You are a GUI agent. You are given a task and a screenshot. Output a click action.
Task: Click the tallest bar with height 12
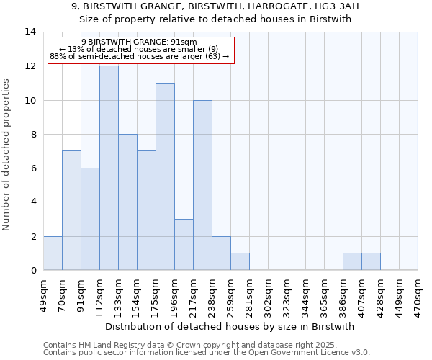(x=109, y=168)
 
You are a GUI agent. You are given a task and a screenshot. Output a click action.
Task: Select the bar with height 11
(x=165, y=176)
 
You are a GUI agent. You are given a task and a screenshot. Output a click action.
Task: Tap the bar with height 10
(x=202, y=185)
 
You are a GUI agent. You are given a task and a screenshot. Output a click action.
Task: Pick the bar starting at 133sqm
(x=127, y=202)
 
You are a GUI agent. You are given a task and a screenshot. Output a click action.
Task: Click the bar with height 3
(x=184, y=244)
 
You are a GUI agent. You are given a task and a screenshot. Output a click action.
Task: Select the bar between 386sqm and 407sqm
(x=352, y=261)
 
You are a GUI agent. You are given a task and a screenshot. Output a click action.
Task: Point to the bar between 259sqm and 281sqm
(x=240, y=261)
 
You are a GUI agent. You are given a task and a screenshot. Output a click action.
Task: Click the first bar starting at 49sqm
(x=53, y=253)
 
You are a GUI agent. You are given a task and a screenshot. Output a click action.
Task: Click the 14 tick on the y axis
(x=30, y=32)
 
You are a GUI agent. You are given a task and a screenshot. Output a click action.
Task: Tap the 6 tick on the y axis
(x=33, y=168)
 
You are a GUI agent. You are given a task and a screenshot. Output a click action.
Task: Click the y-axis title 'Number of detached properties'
(x=7, y=155)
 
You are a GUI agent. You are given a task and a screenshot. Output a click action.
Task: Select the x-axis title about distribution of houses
(x=230, y=326)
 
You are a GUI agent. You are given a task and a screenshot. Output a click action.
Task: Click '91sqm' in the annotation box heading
(x=176, y=42)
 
